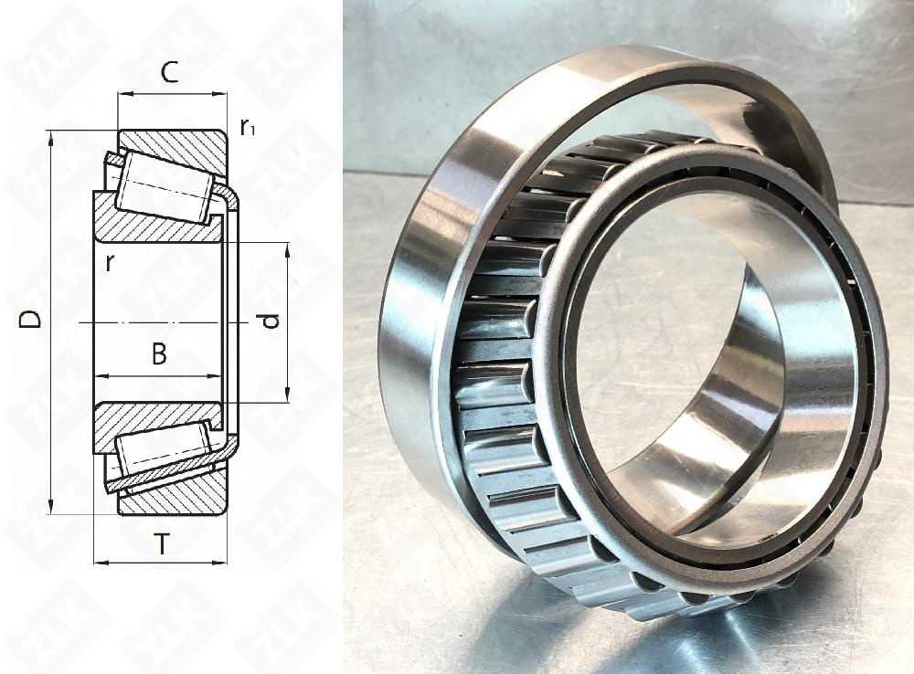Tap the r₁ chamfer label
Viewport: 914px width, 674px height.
click(247, 127)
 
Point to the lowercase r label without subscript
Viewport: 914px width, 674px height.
click(110, 263)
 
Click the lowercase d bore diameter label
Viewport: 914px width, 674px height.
click(268, 321)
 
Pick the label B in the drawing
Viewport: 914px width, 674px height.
click(159, 354)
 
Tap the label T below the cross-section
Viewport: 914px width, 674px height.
click(162, 545)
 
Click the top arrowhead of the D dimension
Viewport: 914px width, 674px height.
click(50, 136)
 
